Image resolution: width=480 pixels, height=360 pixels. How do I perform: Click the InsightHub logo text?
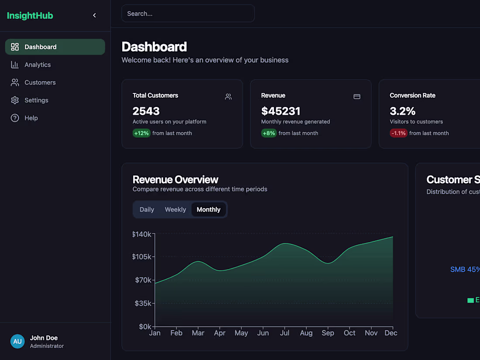click(30, 16)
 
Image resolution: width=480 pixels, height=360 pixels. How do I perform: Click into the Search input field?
click(188, 14)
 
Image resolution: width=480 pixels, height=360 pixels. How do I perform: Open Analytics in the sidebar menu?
click(38, 65)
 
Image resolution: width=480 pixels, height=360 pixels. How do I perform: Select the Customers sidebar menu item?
click(40, 82)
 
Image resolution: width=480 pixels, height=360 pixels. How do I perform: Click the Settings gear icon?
click(15, 100)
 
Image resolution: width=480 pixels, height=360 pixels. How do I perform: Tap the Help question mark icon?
click(15, 118)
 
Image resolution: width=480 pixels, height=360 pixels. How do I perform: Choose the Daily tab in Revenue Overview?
click(147, 209)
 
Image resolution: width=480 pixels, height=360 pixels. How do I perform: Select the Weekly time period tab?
click(175, 209)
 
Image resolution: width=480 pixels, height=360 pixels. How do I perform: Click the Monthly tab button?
click(209, 209)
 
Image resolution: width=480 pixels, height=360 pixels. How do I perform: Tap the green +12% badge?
click(141, 133)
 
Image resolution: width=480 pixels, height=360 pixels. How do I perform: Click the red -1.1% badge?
click(398, 133)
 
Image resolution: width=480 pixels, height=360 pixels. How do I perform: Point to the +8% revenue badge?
click(269, 133)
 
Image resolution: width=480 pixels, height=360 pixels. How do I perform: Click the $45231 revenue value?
click(281, 111)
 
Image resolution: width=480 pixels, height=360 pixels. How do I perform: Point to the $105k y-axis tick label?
click(142, 257)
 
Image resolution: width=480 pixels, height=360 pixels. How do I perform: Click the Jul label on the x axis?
click(285, 333)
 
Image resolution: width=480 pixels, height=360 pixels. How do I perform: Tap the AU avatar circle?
click(17, 341)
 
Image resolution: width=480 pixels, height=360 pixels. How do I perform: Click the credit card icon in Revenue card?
click(357, 96)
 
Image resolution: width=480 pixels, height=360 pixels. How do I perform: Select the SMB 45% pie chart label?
click(465, 270)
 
